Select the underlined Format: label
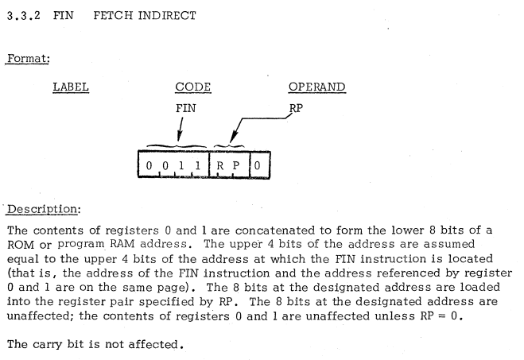(27, 59)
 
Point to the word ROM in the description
(17, 246)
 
